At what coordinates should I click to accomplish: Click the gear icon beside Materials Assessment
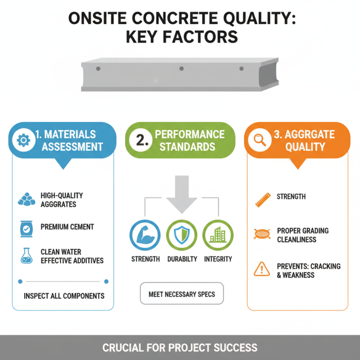click(x=22, y=140)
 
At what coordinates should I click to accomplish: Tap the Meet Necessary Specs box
click(x=181, y=294)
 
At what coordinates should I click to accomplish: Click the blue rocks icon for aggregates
click(x=26, y=199)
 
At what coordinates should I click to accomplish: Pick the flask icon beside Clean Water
click(x=26, y=256)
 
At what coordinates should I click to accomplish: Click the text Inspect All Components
click(x=64, y=296)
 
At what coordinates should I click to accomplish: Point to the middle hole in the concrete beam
click(x=181, y=69)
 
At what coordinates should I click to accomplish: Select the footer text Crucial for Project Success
click(x=180, y=348)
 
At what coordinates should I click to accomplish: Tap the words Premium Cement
click(x=67, y=227)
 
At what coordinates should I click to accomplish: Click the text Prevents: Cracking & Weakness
click(x=308, y=270)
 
